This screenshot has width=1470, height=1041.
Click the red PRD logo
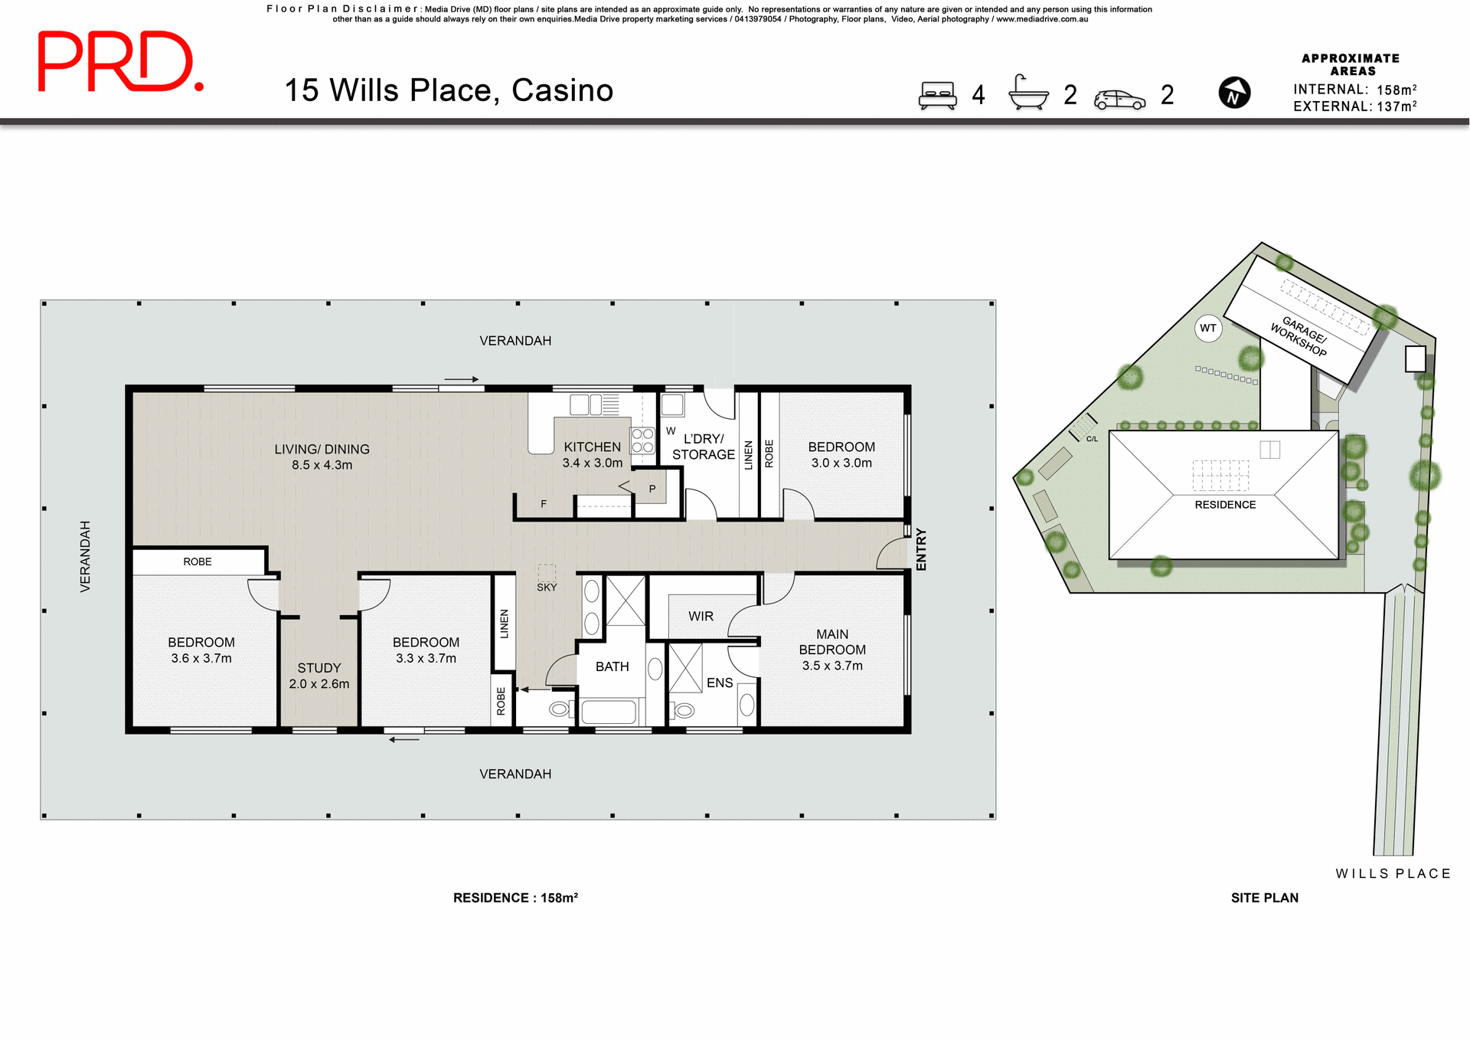point(120,62)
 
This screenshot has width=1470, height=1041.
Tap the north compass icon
point(1233,93)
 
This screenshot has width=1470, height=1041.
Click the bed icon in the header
point(937,95)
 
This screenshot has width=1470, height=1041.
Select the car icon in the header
point(1119,99)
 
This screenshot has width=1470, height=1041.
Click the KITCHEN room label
point(592,447)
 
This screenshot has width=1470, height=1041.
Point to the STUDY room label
point(319,668)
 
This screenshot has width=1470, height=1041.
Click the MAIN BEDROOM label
point(832,642)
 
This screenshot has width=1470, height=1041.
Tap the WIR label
point(701,617)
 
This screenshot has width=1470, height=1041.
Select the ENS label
point(720,683)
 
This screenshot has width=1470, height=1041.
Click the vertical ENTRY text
point(921,549)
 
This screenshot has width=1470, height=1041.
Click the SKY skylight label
point(547,588)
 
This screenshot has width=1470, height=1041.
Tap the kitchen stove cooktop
point(642,440)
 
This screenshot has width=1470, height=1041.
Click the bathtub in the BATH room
point(609,712)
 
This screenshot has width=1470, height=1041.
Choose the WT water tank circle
point(1208,329)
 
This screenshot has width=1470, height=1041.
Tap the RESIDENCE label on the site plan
point(1225,505)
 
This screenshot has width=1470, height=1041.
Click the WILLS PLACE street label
point(1393,874)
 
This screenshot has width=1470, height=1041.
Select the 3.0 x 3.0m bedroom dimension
point(841,463)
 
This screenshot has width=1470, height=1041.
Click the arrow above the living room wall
point(462,379)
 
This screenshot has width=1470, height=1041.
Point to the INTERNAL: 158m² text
point(1354,90)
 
